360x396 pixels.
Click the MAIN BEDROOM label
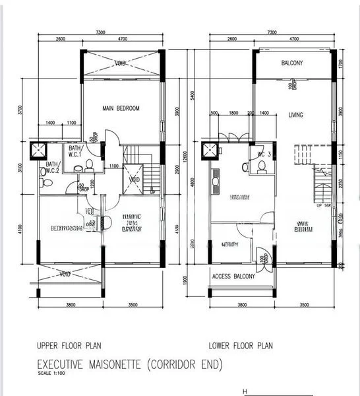[121, 108]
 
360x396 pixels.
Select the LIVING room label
[295, 115]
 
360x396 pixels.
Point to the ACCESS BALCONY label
[233, 276]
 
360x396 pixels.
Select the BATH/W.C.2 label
[51, 167]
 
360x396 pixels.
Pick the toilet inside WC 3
[262, 167]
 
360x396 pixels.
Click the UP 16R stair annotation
[324, 207]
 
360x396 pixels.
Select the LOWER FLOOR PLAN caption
[241, 345]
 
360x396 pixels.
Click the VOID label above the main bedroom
[120, 64]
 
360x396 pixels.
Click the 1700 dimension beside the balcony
[340, 64]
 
